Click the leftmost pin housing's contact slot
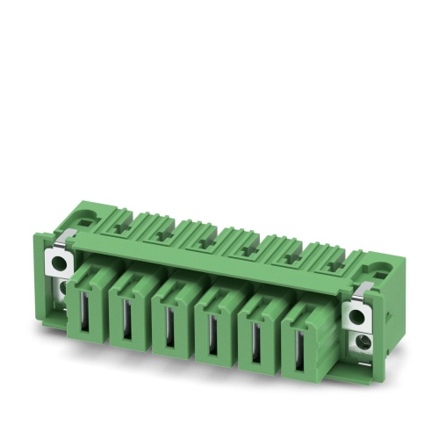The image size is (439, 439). (84, 311)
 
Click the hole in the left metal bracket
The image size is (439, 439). (59, 261)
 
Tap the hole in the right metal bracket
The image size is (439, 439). (357, 313)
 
